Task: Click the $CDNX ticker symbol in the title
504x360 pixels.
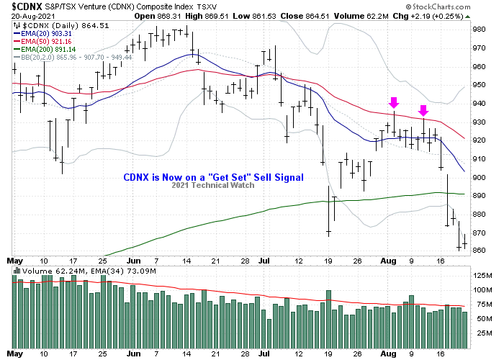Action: (24, 6)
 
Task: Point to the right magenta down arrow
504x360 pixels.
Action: (423, 110)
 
